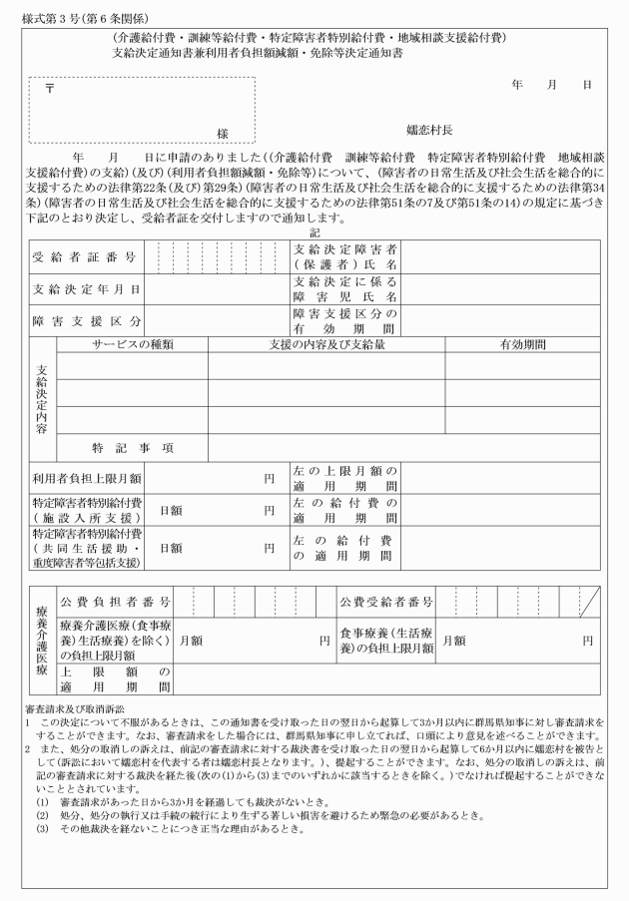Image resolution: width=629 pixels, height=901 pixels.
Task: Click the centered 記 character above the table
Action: click(315, 231)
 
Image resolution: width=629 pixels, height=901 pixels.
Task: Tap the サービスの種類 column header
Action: click(133, 344)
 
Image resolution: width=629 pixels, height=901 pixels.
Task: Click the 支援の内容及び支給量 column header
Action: click(326, 344)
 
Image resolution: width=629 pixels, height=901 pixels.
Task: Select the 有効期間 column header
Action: click(522, 344)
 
